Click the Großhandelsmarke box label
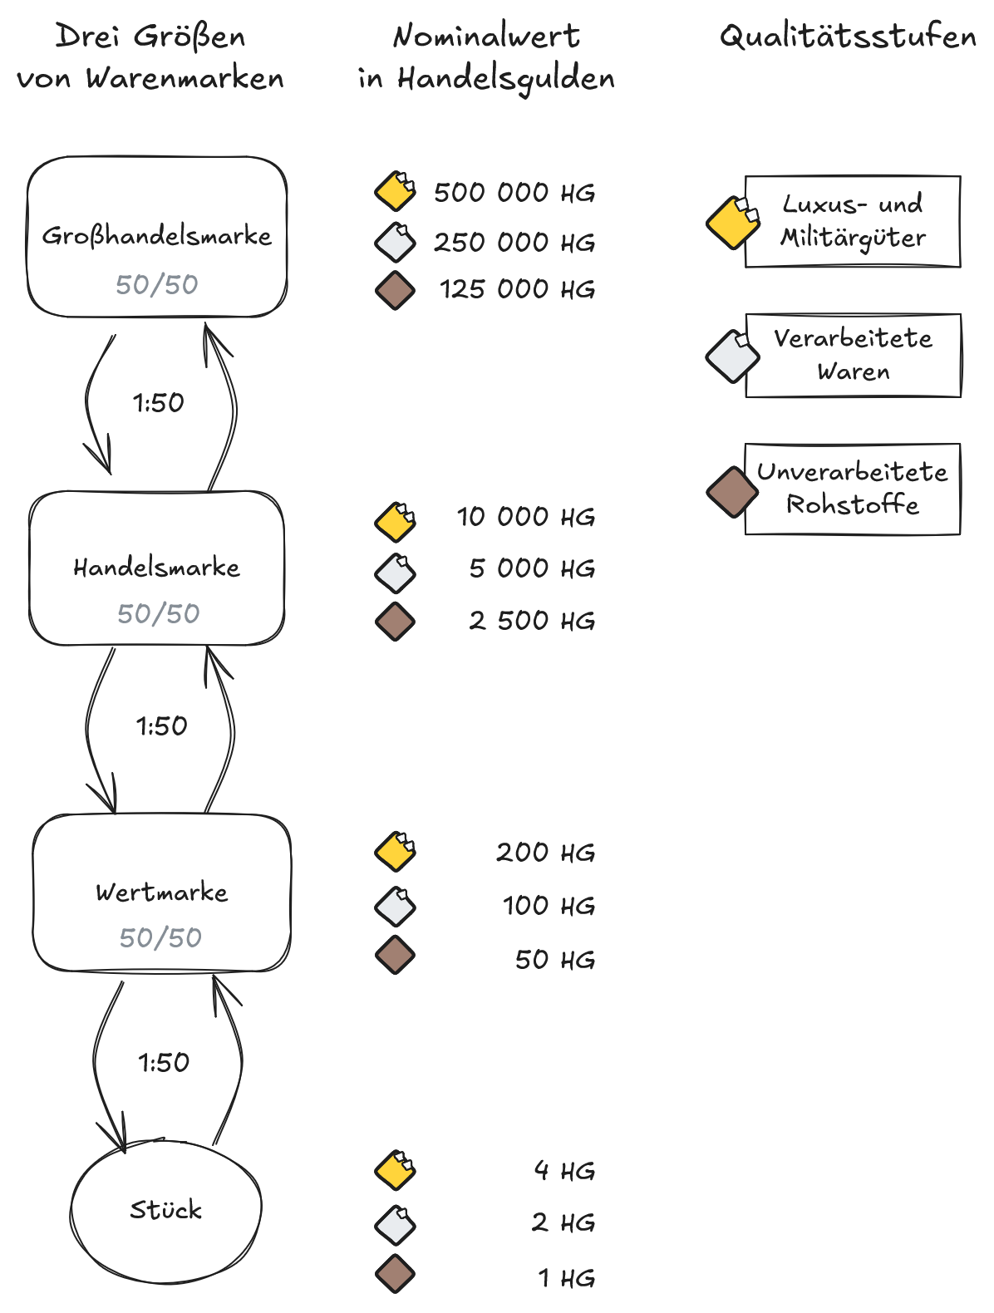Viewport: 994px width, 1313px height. click(x=157, y=236)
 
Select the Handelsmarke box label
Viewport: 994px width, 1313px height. click(x=157, y=568)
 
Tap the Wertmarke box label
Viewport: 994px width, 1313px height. click(x=162, y=893)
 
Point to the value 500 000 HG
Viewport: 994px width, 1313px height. click(x=514, y=193)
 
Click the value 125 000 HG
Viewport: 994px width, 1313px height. click(x=517, y=289)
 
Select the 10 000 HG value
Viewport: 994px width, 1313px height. click(x=525, y=517)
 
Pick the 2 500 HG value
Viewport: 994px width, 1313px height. click(x=532, y=621)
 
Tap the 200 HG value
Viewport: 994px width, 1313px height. click(x=545, y=853)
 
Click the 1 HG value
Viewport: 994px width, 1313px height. click(x=566, y=1278)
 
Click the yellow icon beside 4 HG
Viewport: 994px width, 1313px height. click(x=396, y=1170)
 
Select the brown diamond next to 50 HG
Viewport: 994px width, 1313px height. click(x=395, y=955)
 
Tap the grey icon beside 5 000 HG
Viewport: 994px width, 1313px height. click(x=396, y=572)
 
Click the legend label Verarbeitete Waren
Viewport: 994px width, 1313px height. click(x=853, y=355)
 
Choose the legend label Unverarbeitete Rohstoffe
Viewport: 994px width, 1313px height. click(x=853, y=489)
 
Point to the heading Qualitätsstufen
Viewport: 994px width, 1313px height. click(x=848, y=37)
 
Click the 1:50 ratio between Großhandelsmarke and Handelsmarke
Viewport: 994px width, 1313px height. click(x=158, y=403)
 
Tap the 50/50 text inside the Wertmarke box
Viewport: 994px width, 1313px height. click(x=160, y=937)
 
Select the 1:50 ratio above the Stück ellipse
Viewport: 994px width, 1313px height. click(x=164, y=1062)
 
